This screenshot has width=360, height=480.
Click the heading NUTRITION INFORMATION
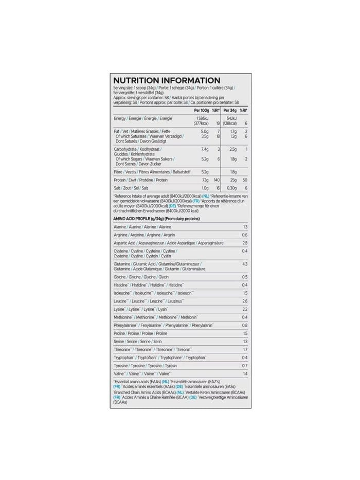(166, 80)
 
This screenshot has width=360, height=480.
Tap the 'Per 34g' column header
(229, 110)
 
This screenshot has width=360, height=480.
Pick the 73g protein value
(204, 180)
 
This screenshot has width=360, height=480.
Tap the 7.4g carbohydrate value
(204, 149)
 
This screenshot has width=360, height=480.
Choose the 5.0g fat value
(204, 131)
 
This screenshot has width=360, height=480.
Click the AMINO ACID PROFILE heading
(156, 219)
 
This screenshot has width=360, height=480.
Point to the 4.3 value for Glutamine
(244, 264)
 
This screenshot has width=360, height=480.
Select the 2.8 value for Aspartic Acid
(244, 243)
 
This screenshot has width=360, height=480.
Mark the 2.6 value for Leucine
(244, 300)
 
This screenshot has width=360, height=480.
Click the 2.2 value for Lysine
(244, 309)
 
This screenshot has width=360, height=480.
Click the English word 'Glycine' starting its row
(120, 277)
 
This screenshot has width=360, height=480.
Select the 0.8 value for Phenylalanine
(244, 325)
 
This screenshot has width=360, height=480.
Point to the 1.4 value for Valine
(244, 373)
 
